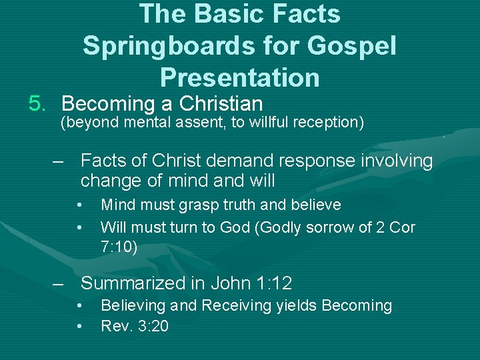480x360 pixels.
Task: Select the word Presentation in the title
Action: [x=240, y=77]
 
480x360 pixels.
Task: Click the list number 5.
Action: [x=37, y=104]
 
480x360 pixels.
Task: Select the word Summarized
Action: [x=133, y=283]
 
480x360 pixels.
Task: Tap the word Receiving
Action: [x=235, y=306]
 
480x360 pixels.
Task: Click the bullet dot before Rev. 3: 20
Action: [x=79, y=327]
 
